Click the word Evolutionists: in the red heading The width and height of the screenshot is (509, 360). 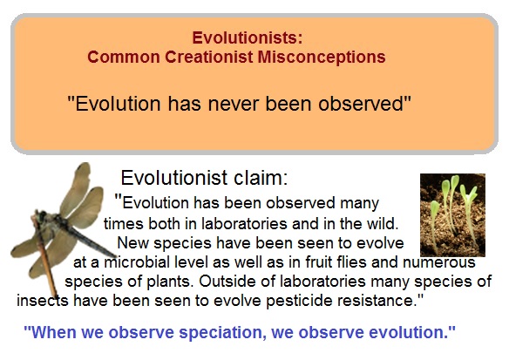[x=248, y=37]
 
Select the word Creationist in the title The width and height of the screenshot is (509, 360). [x=208, y=58]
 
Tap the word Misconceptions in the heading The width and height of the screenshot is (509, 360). [x=322, y=58]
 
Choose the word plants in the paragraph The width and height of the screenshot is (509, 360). [x=168, y=282]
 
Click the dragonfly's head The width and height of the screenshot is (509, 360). [x=42, y=215]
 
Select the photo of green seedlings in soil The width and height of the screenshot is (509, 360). [x=452, y=215]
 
